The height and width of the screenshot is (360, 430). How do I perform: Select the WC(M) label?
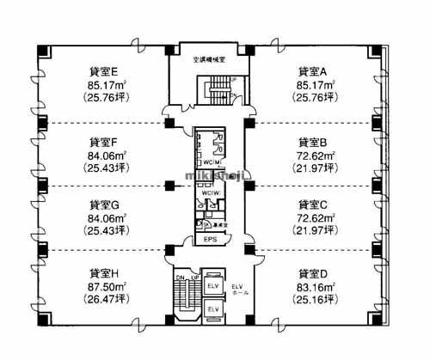pyautogui.click(x=210, y=162)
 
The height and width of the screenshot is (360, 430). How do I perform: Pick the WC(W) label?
pyautogui.click(x=210, y=192)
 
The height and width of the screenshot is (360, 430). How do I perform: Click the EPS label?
pyautogui.click(x=210, y=240)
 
